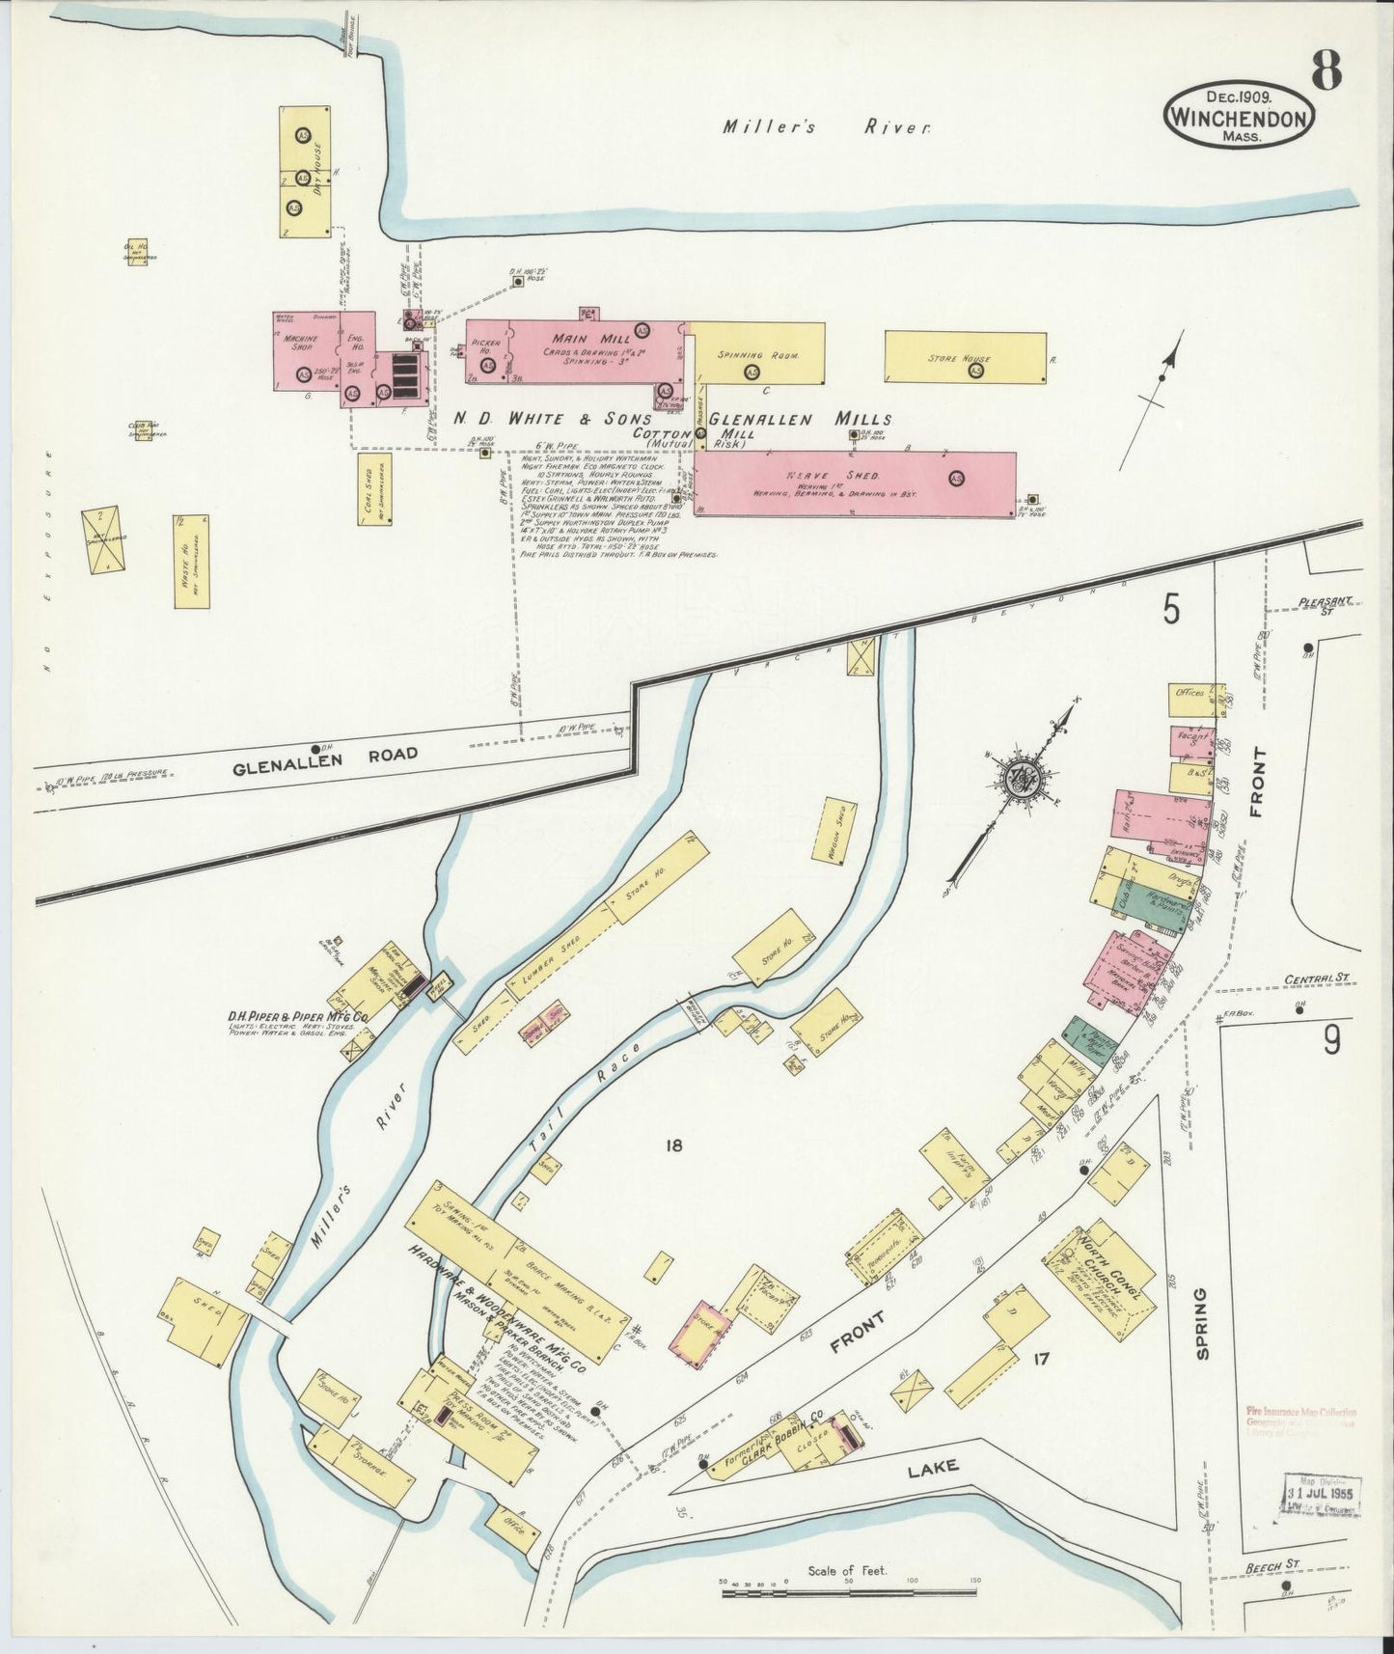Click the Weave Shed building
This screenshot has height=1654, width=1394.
(855, 483)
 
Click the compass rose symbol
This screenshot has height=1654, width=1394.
(1019, 779)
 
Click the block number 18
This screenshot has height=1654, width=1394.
(673, 1145)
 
